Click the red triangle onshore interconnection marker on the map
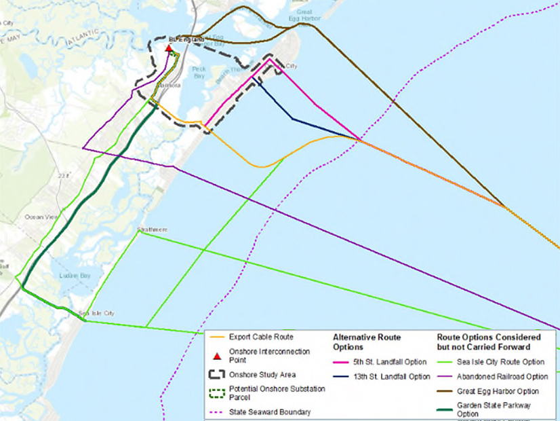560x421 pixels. point(168,48)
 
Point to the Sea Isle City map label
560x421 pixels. point(96,313)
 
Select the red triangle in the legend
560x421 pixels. point(217,356)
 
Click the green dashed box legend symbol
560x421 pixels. point(217,392)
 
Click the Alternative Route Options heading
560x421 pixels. point(367,342)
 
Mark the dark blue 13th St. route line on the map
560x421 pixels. point(293,120)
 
